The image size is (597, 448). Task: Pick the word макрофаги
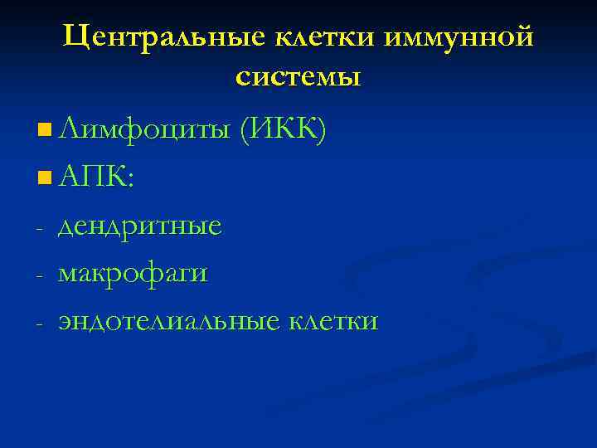[133, 273]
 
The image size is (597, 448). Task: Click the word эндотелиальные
[169, 320]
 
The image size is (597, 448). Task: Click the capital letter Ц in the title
[75, 37]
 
